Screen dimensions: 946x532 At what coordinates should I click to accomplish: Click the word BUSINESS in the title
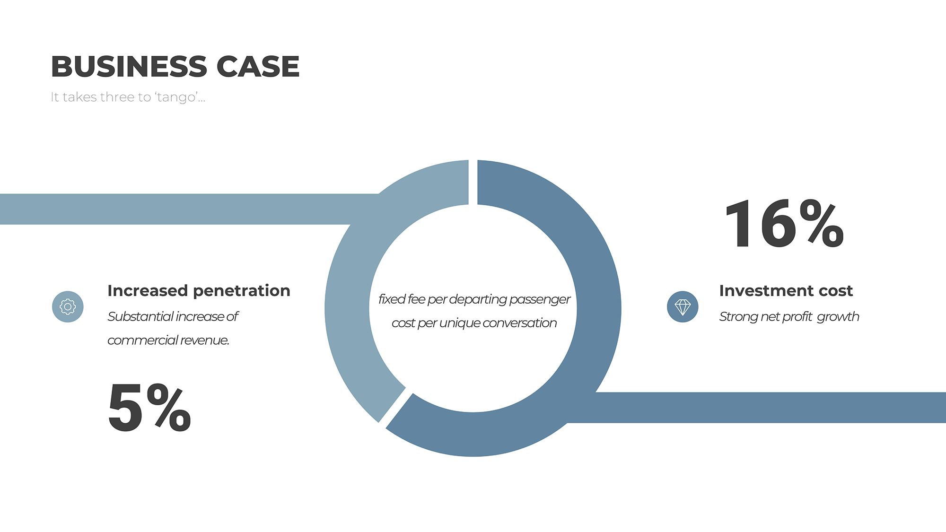(129, 66)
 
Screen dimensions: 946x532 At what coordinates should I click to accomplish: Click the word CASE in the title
(258, 66)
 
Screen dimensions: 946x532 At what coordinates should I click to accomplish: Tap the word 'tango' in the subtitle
(176, 97)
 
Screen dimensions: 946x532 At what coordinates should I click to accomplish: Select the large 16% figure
(785, 224)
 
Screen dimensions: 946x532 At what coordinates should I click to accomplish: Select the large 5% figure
(149, 407)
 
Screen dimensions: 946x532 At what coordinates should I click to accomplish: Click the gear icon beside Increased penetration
(68, 306)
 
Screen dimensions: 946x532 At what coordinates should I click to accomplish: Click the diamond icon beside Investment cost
(683, 306)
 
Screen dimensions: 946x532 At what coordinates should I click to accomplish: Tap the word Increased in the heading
(148, 290)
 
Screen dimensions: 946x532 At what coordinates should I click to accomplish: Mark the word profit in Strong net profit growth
(797, 316)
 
